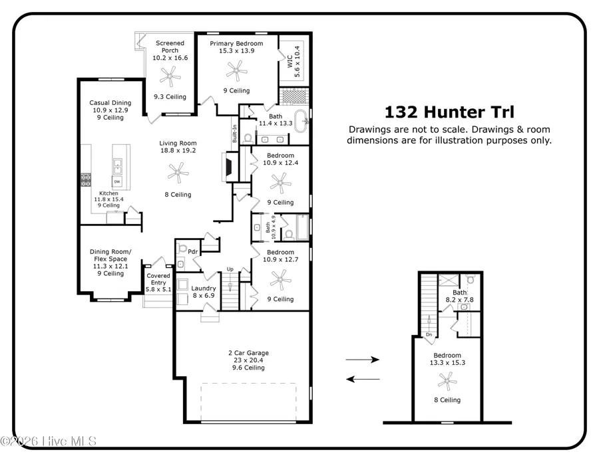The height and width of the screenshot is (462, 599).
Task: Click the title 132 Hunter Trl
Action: (449, 112)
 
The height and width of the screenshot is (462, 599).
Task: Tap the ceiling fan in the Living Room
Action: (176, 173)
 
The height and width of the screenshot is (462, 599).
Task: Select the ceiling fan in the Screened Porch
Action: (171, 78)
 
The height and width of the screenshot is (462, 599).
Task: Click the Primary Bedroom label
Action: (236, 44)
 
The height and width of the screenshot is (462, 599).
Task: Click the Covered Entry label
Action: (158, 275)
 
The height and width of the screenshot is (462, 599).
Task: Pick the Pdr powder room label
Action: (194, 251)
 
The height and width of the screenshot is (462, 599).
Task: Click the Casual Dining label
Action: (110, 103)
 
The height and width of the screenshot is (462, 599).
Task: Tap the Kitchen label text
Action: (109, 193)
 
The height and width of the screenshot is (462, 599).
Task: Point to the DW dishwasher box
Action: (117, 181)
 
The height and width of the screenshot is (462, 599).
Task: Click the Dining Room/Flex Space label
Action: (110, 255)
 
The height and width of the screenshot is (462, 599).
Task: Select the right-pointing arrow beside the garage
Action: (363, 360)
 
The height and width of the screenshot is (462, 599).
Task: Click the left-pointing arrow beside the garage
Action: (363, 380)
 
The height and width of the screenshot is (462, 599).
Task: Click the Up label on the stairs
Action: (230, 269)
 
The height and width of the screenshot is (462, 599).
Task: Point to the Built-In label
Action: (234, 135)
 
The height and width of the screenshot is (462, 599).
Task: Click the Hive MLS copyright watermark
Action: (49, 441)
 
